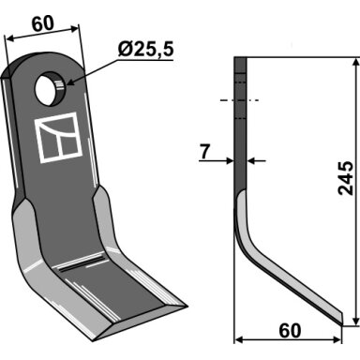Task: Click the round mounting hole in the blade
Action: tap(50, 88)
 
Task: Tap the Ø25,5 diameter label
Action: tap(145, 50)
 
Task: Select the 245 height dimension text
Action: tap(346, 178)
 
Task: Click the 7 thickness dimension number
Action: tap(204, 152)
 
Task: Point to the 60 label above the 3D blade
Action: tap(43, 24)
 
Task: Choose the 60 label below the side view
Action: tap(290, 331)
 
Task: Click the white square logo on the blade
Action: tap(58, 138)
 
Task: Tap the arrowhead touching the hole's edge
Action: tap(68, 83)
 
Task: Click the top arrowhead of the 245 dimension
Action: tap(355, 61)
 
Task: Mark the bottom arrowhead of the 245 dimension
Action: tap(355, 322)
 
